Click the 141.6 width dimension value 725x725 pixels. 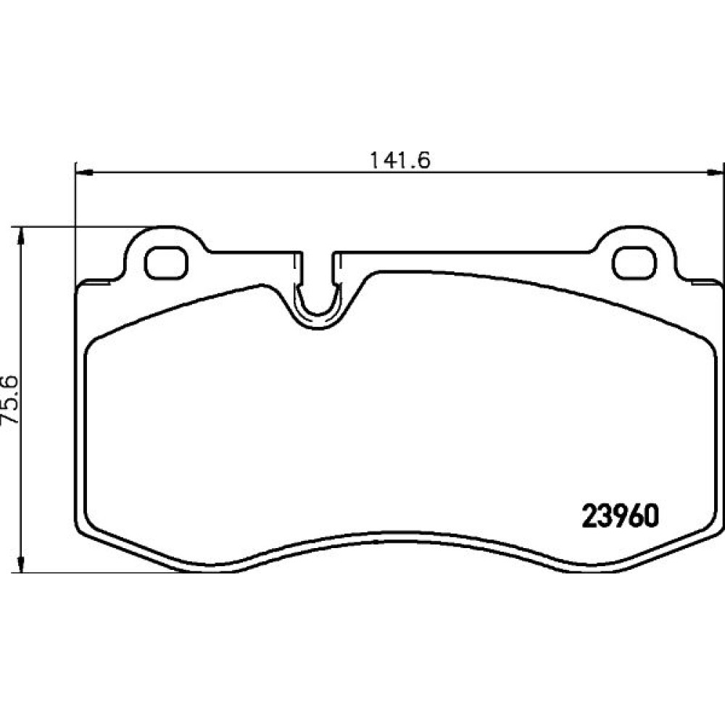(400, 160)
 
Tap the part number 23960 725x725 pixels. (620, 516)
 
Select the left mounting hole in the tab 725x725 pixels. (167, 263)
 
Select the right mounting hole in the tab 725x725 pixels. (635, 263)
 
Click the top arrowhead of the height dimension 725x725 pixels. (20, 236)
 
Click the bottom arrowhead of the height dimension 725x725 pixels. (20, 563)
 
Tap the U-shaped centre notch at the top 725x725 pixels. (318, 305)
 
